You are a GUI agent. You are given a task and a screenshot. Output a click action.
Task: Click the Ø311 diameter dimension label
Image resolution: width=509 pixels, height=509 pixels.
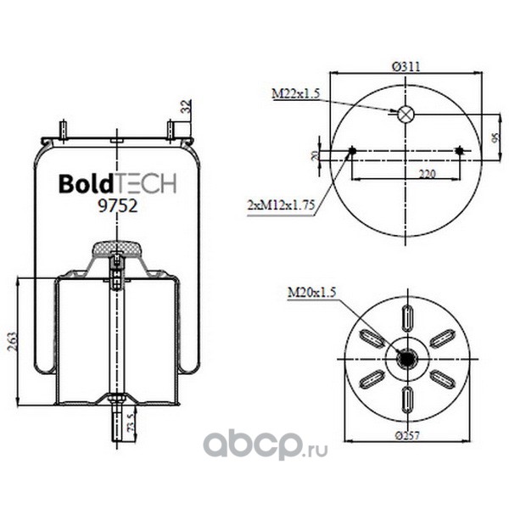point(406,66)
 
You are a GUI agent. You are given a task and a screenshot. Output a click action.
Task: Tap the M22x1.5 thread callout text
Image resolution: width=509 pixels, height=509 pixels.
point(296,94)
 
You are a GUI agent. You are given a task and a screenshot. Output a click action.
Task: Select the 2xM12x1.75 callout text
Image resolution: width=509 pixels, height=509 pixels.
point(281,205)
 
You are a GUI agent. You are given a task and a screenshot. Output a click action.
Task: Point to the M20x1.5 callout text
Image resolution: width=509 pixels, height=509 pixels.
point(311,293)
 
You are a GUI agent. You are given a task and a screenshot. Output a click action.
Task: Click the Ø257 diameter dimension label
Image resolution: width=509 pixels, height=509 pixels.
point(407,435)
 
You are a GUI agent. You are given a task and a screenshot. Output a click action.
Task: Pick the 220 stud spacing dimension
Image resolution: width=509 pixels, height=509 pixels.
point(427,174)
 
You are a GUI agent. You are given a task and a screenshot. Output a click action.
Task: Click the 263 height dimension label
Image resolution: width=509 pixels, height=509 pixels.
point(12,341)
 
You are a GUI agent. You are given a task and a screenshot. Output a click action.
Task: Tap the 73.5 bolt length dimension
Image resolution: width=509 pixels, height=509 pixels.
point(131,422)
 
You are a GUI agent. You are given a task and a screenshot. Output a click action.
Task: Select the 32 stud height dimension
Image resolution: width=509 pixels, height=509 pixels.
point(186,106)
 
